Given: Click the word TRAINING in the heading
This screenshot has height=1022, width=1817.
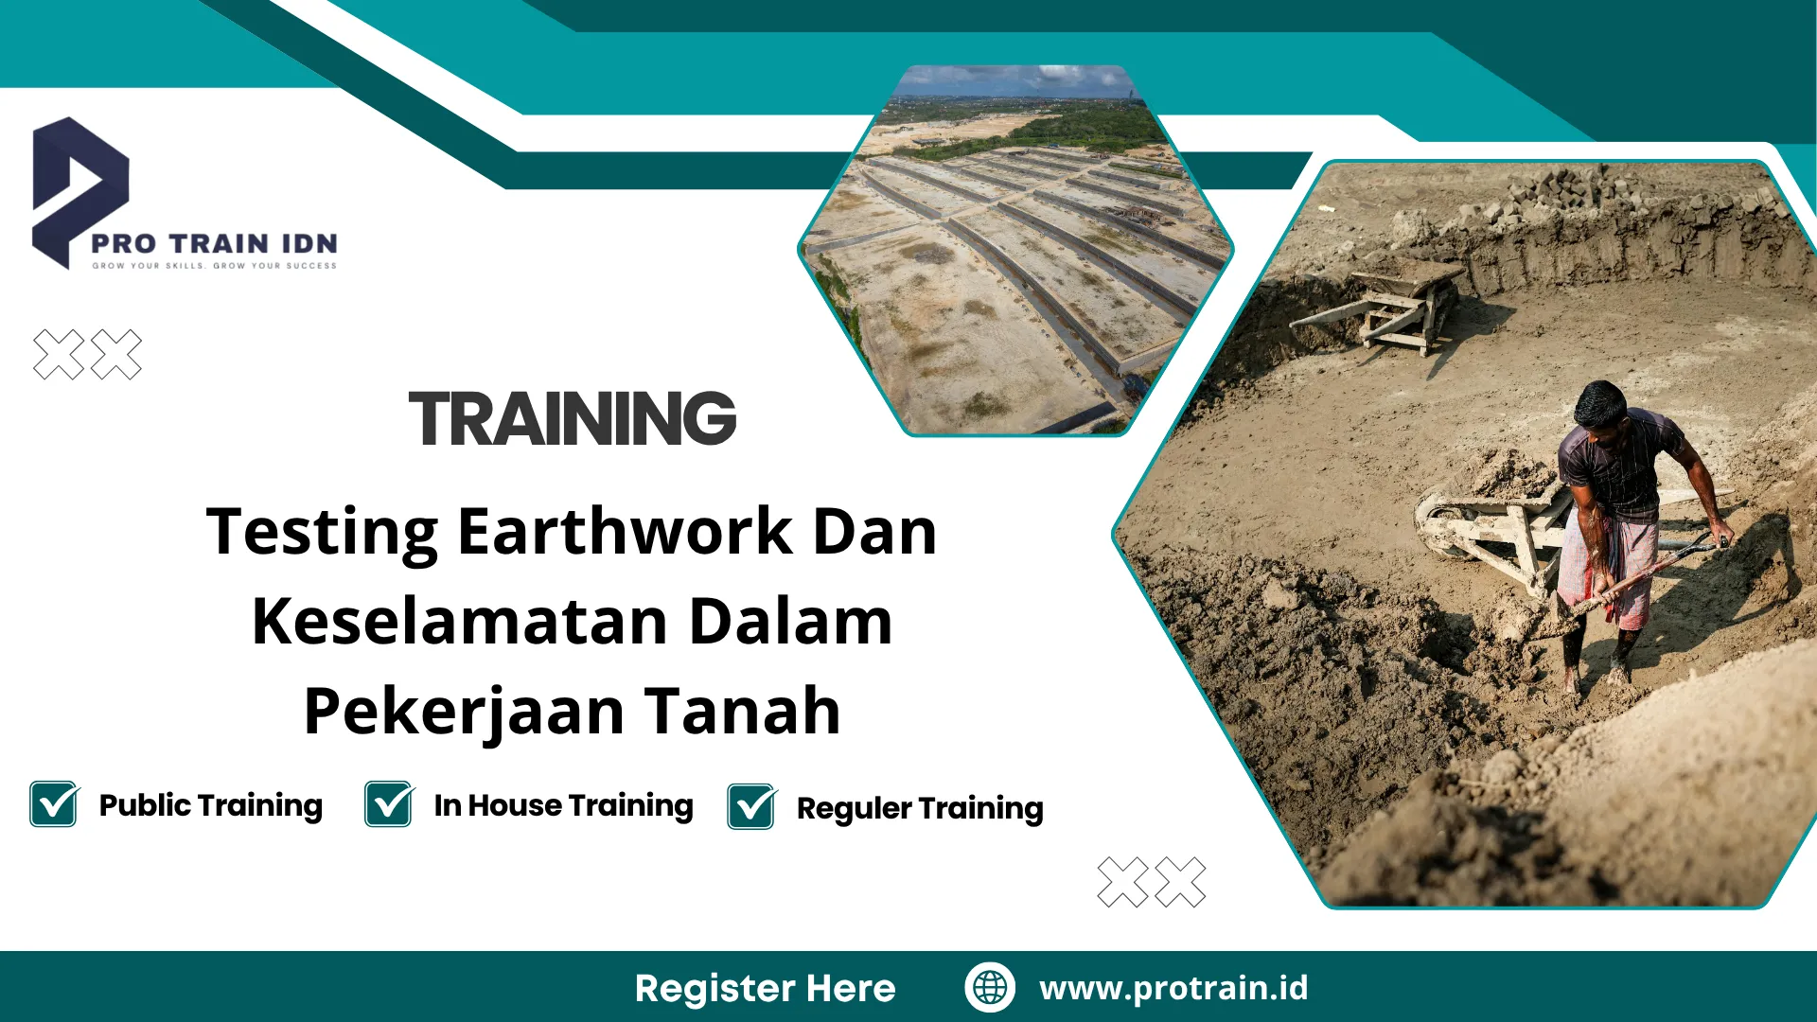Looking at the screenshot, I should pyautogui.click(x=572, y=418).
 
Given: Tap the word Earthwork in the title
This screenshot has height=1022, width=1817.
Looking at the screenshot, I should pyautogui.click(x=625, y=531).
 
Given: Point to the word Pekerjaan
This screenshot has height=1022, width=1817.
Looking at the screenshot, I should pyautogui.click(x=464, y=712).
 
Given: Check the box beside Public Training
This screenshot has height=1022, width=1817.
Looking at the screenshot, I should pyautogui.click(x=54, y=804).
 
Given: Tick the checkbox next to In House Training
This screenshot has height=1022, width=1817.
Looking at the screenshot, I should pyautogui.click(x=389, y=804).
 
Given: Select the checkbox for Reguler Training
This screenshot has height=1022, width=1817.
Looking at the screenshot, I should pyautogui.click(x=751, y=807).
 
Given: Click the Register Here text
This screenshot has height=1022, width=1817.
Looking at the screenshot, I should pyautogui.click(x=765, y=988).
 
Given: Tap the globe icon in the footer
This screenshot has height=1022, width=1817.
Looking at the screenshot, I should pyautogui.click(x=990, y=987).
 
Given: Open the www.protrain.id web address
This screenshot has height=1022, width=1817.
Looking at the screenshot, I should pyautogui.click(x=1173, y=988).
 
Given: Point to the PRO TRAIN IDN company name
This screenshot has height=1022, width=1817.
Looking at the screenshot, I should pyautogui.click(x=214, y=243).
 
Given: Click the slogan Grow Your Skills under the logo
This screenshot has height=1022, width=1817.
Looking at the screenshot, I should pyautogui.click(x=214, y=266).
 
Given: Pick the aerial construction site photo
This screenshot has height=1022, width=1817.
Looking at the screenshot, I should pyautogui.click(x=1014, y=251).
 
